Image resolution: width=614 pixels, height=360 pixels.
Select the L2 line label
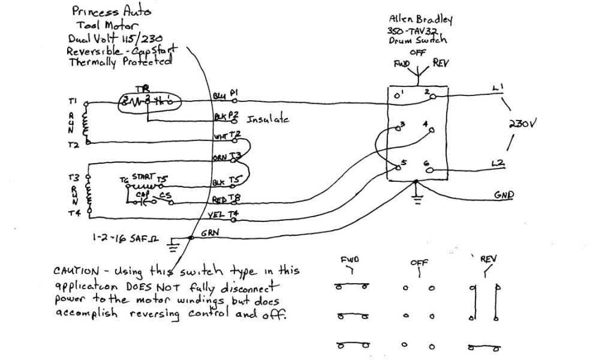coord(498,163)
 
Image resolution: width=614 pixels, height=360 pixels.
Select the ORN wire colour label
coord(219,158)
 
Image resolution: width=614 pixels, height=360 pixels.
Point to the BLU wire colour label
coord(219,95)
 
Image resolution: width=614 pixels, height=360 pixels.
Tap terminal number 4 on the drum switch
coord(425,125)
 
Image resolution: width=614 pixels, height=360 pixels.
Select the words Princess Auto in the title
coord(111,11)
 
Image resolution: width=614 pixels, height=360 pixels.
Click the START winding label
coord(143,176)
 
